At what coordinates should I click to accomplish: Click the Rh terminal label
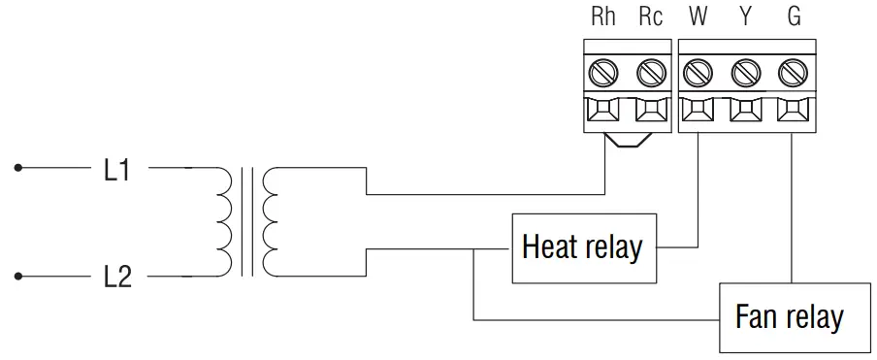coord(603,17)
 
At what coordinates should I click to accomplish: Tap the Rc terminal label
coord(651,17)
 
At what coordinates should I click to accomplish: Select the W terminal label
coord(698,17)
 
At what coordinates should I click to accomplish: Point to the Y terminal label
coord(745,17)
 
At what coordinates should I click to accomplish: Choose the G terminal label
coord(794,17)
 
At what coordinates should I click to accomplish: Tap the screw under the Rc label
coord(651,71)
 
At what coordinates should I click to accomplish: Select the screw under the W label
coord(698,71)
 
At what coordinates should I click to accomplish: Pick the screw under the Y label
coord(745,71)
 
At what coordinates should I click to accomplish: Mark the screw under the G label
coord(794,71)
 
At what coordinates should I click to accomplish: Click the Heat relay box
coord(582,247)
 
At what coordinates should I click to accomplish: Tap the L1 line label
coord(116,171)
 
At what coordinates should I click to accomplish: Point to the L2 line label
coord(116,278)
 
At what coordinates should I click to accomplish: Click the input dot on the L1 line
coord(16,169)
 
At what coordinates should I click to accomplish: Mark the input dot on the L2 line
coord(16,276)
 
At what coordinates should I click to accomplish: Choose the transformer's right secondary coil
coord(271,222)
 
